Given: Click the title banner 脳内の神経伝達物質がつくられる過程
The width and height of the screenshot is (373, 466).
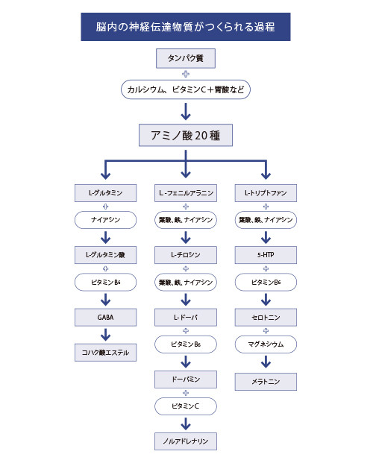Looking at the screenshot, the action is tap(186, 27).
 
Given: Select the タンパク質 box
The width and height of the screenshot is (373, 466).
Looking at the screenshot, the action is tap(186, 58).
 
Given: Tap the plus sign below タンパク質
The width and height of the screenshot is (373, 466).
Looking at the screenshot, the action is tap(186, 74).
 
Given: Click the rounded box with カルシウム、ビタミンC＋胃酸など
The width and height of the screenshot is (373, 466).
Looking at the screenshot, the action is tap(186, 89).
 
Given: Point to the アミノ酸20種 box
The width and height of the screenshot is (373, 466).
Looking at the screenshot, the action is tap(186, 135).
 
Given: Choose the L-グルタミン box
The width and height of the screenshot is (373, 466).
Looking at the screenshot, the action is tap(106, 193).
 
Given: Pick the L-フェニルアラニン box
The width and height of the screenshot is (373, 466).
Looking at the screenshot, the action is tap(186, 193).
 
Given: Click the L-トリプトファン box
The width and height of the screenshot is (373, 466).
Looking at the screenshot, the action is tap(266, 193).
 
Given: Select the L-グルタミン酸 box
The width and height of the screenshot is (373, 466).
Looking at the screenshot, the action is tap(106, 255).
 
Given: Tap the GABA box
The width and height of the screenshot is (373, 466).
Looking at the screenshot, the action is tap(106, 318).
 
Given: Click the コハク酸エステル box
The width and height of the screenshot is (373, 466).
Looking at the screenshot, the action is tap(106, 353).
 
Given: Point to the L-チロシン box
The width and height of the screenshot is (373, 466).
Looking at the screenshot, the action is tap(186, 255).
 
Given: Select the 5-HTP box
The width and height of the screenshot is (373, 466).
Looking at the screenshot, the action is tap(266, 255).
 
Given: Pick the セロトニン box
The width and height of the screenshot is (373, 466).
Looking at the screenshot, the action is tap(266, 318).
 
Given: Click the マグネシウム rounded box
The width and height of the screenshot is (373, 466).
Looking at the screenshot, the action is tap(266, 344).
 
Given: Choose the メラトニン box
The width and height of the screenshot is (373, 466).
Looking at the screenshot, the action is tap(266, 382).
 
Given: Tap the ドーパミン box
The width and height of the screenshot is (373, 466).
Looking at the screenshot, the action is tap(186, 380).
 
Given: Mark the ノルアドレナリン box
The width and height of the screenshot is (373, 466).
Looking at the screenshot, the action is tap(186, 441).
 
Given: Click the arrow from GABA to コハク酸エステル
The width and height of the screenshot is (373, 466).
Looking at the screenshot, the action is tap(106, 334).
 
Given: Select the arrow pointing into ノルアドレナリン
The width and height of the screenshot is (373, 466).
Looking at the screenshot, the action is tap(186, 424).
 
